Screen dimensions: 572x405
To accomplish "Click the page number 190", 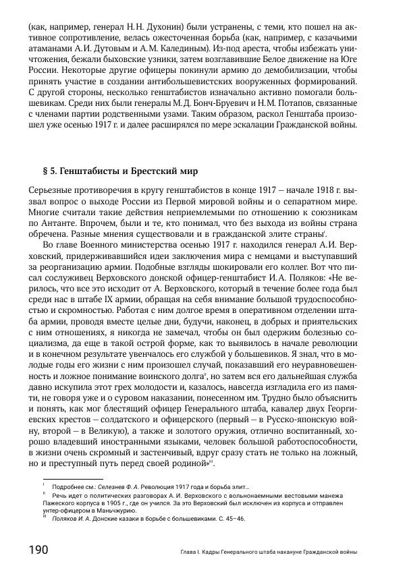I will point(38,550).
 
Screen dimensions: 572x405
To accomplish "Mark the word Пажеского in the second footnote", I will point(65,503).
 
